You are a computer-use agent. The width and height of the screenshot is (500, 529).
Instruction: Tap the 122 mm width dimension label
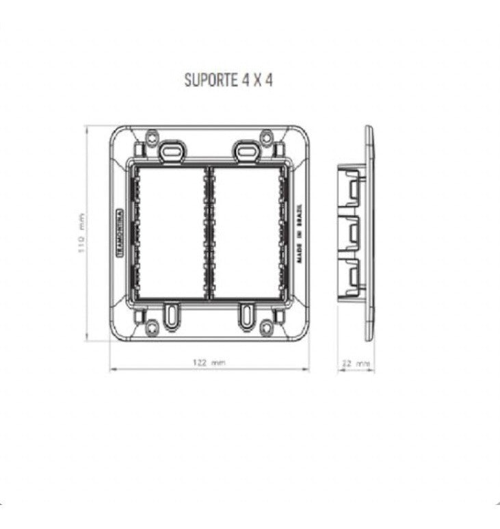coord(209,362)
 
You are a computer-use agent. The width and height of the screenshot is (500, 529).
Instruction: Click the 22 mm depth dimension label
coord(356,363)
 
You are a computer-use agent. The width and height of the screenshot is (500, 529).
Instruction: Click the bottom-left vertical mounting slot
coord(170,314)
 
